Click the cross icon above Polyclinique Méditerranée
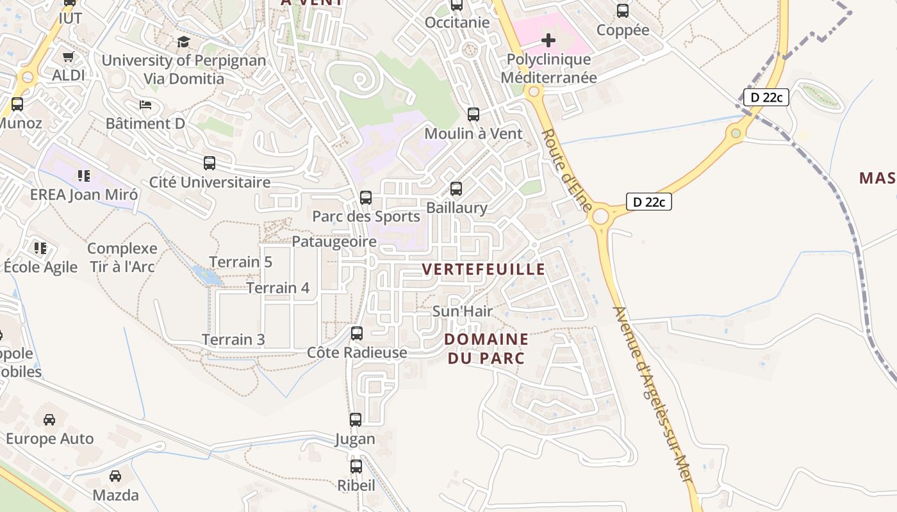click(x=548, y=41)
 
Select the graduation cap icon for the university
click(x=184, y=42)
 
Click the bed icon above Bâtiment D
click(x=145, y=105)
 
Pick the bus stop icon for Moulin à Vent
click(x=473, y=115)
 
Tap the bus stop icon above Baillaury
click(x=456, y=189)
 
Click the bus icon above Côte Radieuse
click(x=357, y=333)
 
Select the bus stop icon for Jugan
click(x=356, y=420)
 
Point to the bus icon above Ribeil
click(x=356, y=467)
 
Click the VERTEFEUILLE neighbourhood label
click(x=484, y=269)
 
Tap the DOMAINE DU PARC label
click(x=486, y=349)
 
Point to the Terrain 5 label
click(x=241, y=262)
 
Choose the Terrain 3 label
click(x=233, y=340)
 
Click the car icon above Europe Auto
click(x=49, y=420)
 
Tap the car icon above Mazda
click(x=115, y=476)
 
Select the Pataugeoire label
click(x=334, y=242)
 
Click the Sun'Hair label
click(x=463, y=312)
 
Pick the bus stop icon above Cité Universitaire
click(x=210, y=163)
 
